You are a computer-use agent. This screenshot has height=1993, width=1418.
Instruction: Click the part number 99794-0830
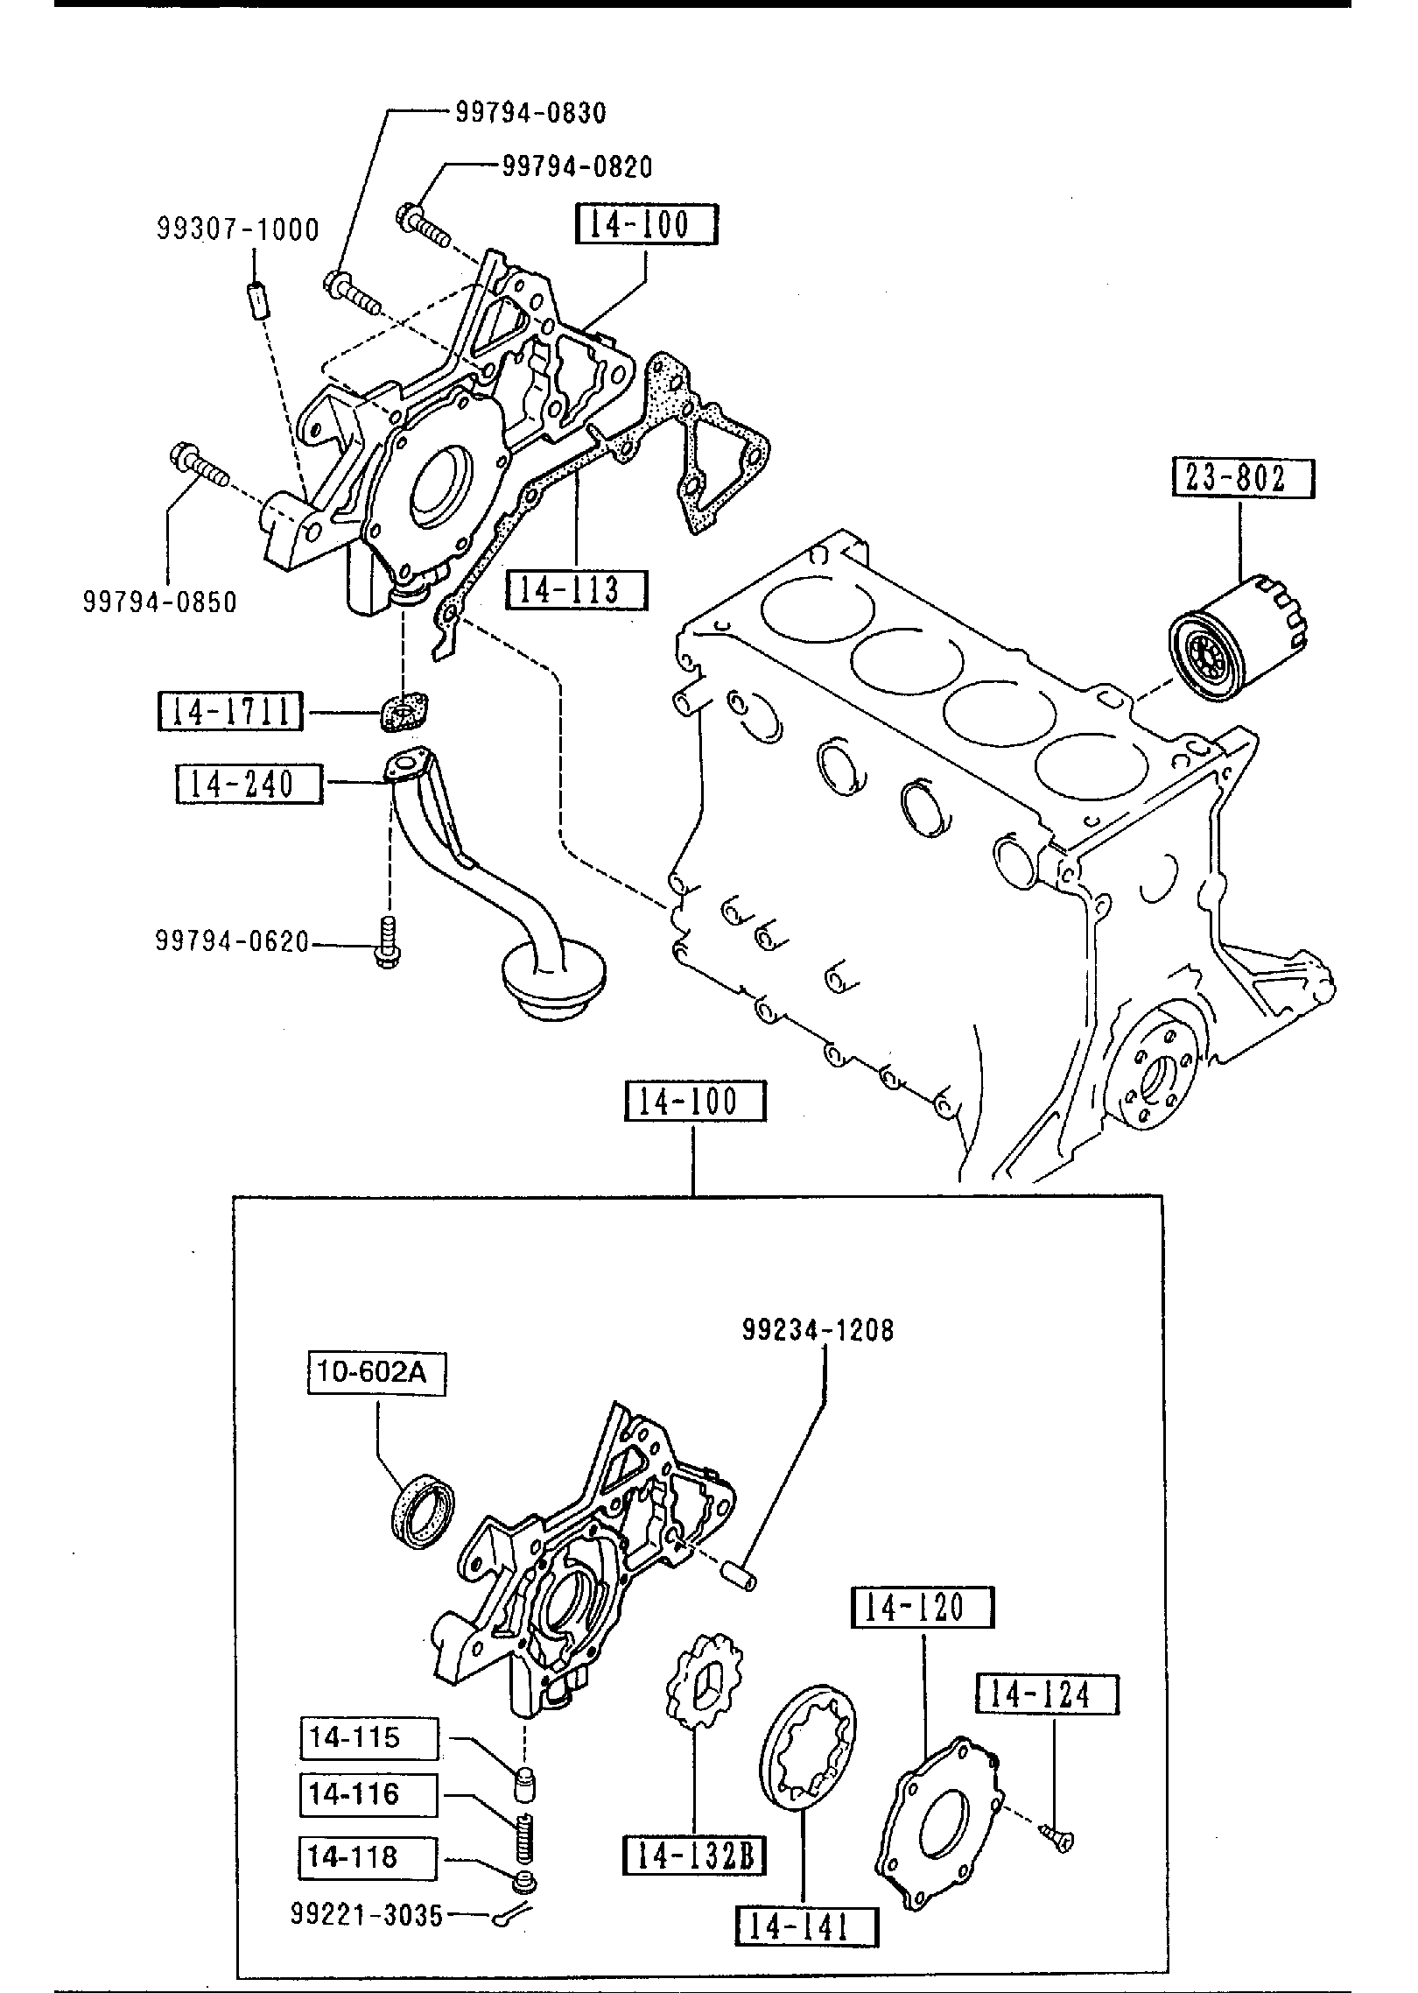pyautogui.click(x=530, y=112)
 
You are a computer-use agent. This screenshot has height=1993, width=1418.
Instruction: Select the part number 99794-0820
pyautogui.click(x=577, y=165)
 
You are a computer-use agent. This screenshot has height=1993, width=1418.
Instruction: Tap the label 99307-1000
pyautogui.click(x=238, y=229)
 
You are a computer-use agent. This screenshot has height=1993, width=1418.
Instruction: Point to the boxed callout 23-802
pyautogui.click(x=1244, y=478)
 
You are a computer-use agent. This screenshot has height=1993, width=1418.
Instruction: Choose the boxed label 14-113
pyautogui.click(x=577, y=589)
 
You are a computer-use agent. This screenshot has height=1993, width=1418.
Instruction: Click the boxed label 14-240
pyautogui.click(x=249, y=784)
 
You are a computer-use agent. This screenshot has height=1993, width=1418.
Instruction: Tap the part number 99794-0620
pyautogui.click(x=232, y=942)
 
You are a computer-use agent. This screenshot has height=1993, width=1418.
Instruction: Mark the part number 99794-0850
pyautogui.click(x=160, y=602)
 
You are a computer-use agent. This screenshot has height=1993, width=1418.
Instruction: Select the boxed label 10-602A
pyautogui.click(x=376, y=1372)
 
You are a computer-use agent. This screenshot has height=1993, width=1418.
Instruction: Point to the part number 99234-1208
pyautogui.click(x=818, y=1331)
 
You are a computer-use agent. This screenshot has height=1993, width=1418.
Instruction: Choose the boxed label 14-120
pyautogui.click(x=923, y=1607)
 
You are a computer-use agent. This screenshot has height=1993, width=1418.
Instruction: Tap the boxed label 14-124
pyautogui.click(x=1047, y=1695)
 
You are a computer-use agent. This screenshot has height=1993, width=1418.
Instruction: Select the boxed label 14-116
pyautogui.click(x=368, y=1795)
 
